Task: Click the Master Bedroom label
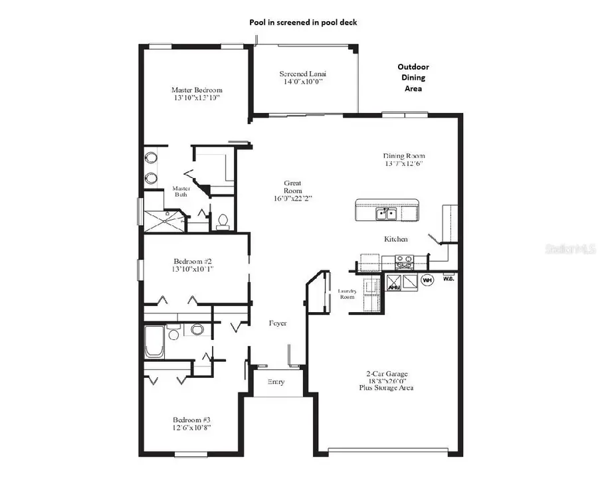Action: click(x=197, y=90)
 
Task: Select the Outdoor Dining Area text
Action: click(x=413, y=77)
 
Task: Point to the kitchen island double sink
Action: click(x=386, y=213)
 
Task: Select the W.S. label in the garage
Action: click(x=448, y=278)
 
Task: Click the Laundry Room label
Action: click(x=348, y=293)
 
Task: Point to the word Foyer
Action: click(x=278, y=323)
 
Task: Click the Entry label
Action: click(x=276, y=381)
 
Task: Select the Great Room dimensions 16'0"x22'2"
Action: click(x=292, y=198)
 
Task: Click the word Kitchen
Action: click(x=395, y=239)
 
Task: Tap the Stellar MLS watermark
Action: click(x=570, y=249)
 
